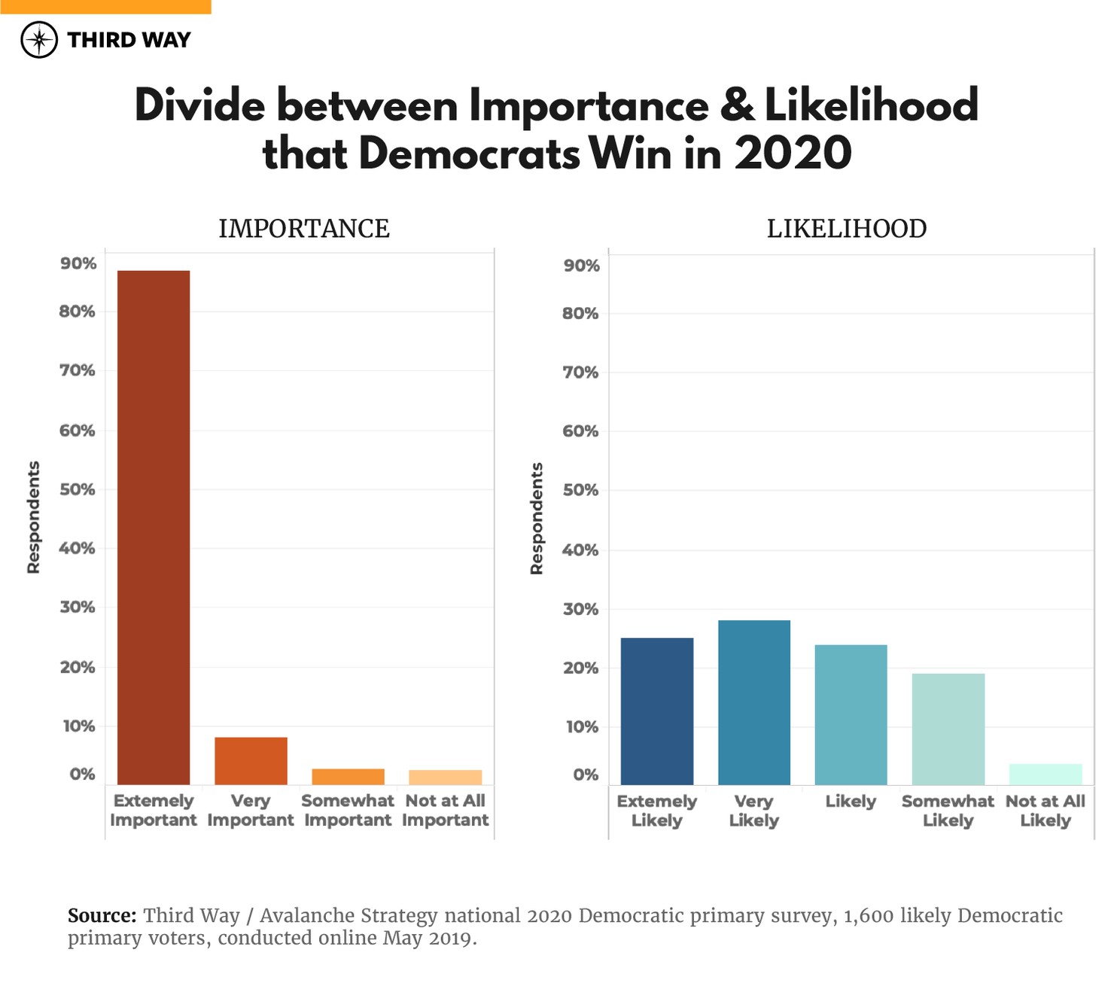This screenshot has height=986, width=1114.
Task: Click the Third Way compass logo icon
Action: [39, 40]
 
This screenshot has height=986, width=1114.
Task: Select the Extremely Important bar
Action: [154, 527]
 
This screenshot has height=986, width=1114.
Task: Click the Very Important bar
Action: [251, 761]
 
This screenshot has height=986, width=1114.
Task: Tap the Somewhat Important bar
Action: [348, 777]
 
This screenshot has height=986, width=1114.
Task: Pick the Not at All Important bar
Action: [445, 778]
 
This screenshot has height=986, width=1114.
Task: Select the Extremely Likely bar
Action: [656, 711]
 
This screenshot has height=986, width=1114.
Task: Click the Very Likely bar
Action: [753, 702]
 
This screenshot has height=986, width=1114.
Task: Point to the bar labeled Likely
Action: [851, 714]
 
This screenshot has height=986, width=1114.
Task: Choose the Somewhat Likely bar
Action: [948, 729]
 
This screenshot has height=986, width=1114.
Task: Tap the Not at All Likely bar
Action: [1045, 774]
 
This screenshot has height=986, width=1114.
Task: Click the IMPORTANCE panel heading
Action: [304, 229]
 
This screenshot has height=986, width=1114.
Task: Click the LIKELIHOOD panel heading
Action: [847, 229]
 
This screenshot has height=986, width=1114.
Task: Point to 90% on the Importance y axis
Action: [78, 263]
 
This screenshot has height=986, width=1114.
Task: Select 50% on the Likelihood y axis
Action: [580, 490]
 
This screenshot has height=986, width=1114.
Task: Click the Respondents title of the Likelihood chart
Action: [537, 519]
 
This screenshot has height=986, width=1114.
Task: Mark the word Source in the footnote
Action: [102, 916]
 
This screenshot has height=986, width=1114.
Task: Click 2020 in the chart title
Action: [793, 153]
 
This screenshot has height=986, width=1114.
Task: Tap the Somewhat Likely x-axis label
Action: [948, 811]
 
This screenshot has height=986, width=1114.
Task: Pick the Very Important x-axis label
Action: [251, 810]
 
